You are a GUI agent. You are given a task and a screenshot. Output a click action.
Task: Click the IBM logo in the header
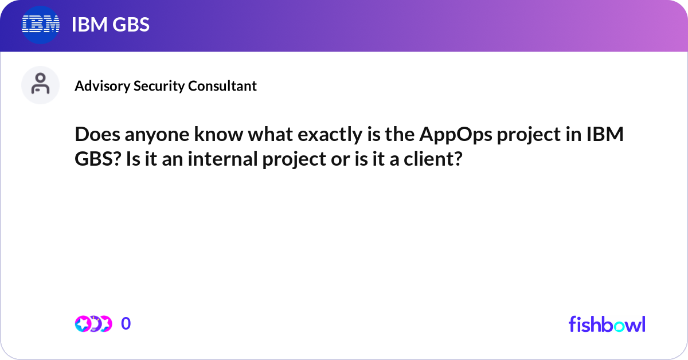pos(41,25)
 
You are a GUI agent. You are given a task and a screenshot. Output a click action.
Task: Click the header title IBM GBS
pos(110,25)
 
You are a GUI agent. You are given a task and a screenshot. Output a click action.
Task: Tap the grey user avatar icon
pos(40,85)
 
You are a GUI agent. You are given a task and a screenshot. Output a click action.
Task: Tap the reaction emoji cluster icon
pos(93,324)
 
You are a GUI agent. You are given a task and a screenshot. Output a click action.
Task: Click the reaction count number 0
pos(126,324)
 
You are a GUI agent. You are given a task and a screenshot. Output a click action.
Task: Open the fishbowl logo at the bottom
pos(607,324)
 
